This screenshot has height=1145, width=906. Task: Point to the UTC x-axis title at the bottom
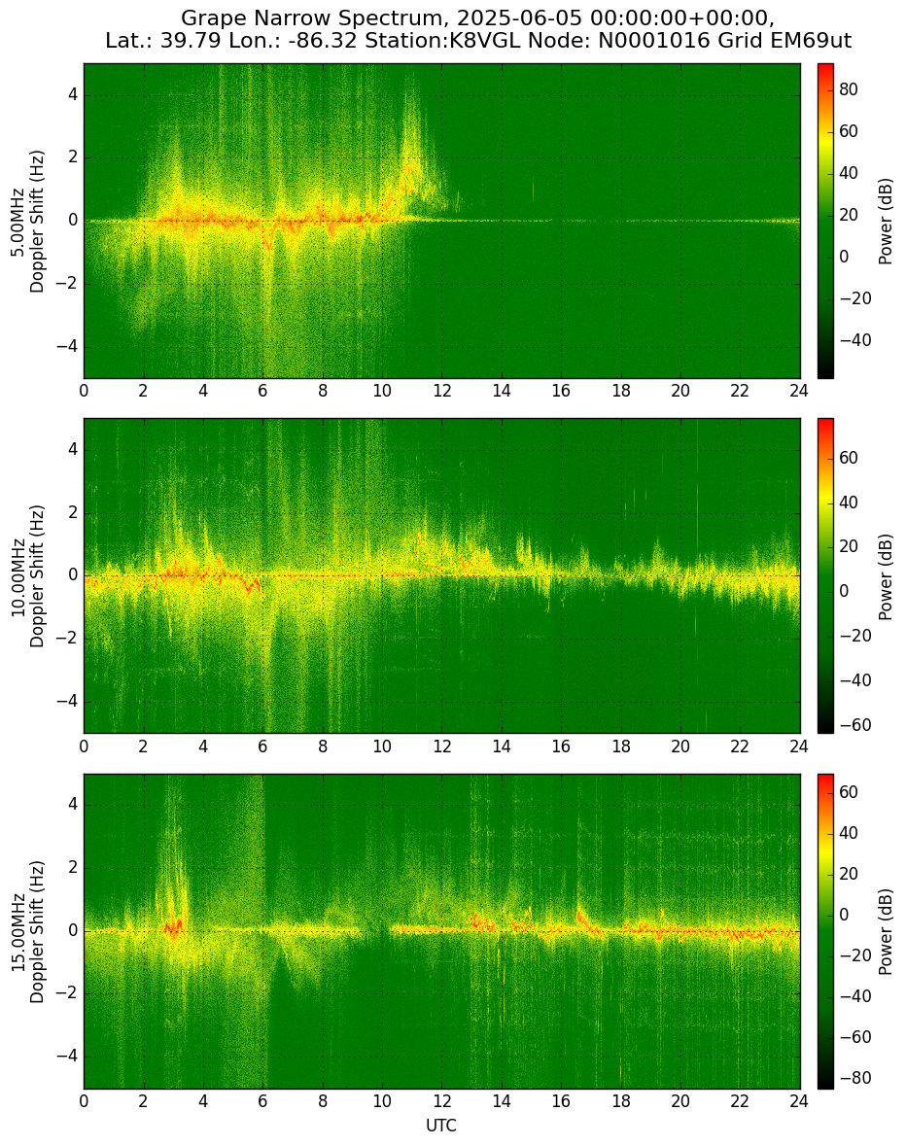pos(441,1126)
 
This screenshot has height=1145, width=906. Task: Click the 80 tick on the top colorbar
pos(849,89)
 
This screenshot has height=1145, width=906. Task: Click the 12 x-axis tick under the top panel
pos(441,391)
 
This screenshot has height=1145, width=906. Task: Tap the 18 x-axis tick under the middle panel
pos(620,746)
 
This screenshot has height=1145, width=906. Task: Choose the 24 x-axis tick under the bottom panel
pos(799,1101)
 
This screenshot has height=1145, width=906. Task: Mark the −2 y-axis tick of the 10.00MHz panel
pos(69,639)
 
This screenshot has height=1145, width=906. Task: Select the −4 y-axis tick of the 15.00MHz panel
pos(69,1056)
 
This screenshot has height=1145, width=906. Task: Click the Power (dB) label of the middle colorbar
pos(886,576)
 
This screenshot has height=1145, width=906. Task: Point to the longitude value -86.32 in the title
pos(326,41)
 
